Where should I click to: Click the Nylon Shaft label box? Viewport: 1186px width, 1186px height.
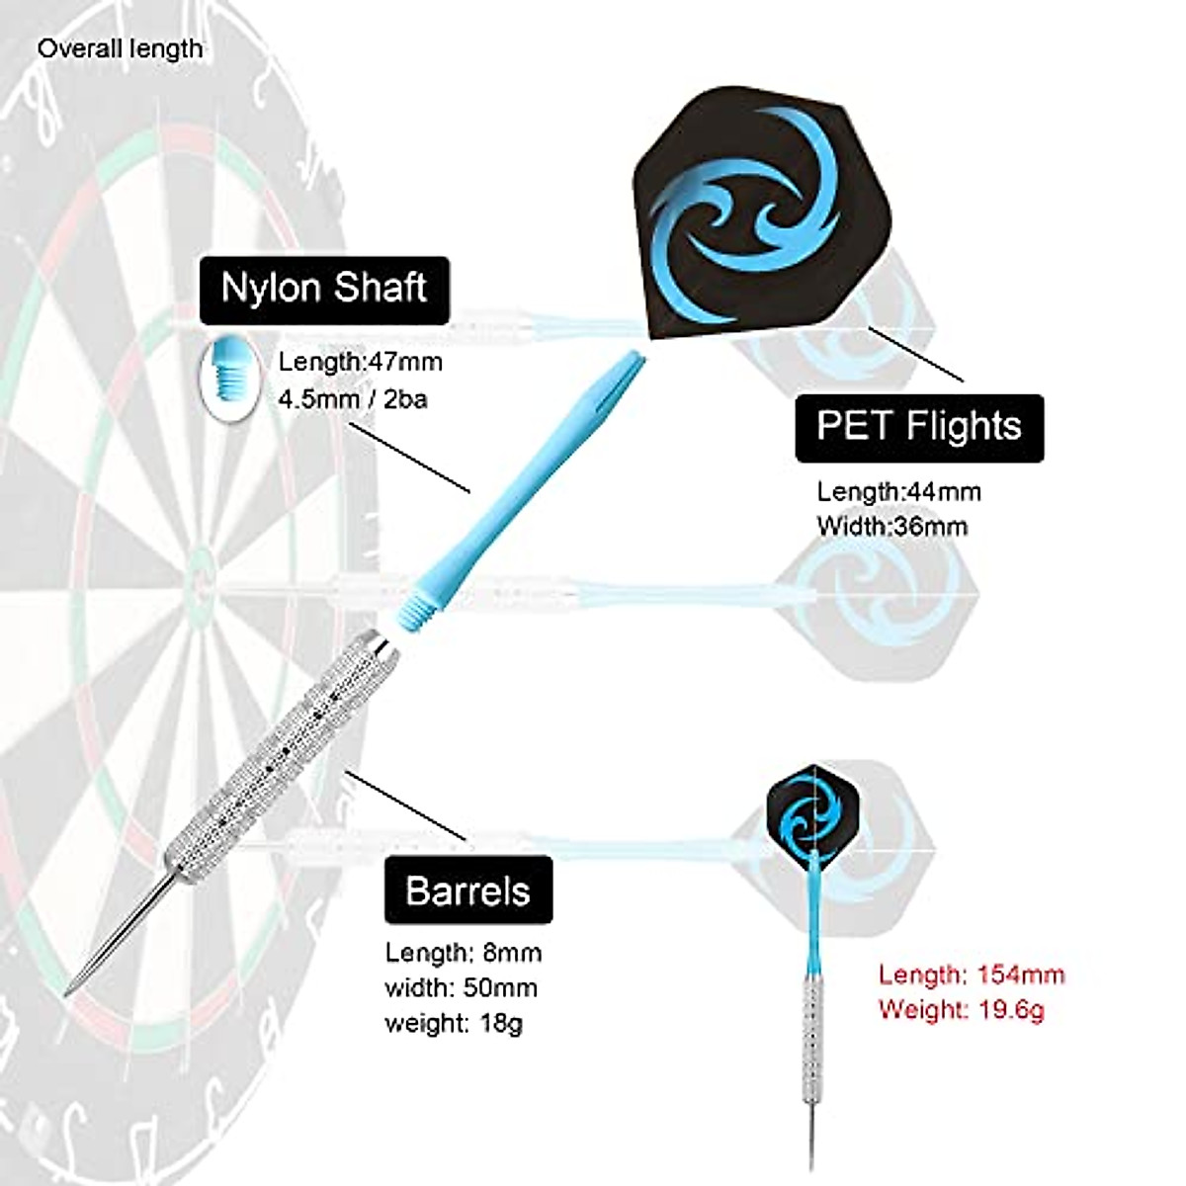click(324, 290)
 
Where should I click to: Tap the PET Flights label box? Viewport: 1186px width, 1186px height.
click(918, 427)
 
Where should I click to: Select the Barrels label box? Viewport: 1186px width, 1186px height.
click(467, 890)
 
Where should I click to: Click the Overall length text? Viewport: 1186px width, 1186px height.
click(120, 48)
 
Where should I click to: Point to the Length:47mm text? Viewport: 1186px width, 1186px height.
click(360, 362)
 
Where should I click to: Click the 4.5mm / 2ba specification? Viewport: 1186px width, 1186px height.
click(352, 399)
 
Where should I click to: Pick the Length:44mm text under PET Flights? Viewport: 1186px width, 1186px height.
click(898, 491)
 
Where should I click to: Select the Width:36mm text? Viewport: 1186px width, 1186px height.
click(891, 526)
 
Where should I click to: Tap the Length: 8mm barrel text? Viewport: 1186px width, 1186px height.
click(464, 953)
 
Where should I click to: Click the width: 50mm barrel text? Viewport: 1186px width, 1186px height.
click(461, 987)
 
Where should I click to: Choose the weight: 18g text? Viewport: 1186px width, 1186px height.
click(454, 1022)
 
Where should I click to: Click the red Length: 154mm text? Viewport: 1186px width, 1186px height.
click(972, 974)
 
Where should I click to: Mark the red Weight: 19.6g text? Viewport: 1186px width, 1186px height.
click(961, 1009)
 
